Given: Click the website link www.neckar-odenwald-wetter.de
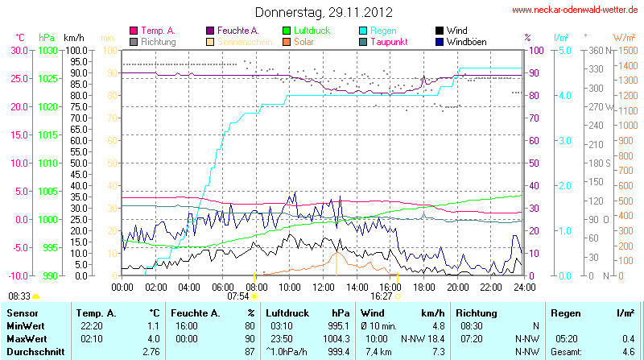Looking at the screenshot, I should pos(576,10).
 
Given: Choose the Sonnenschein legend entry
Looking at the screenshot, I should pos(239,41).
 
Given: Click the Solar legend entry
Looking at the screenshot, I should pos(303,41).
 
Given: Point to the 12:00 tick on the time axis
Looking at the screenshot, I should pos(323,286).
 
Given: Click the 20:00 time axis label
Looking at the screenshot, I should pos(457,286).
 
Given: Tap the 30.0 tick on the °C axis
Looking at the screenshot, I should pos(19,50).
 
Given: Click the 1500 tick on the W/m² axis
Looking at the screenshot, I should pos(625,50).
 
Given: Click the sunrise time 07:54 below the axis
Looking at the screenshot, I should pos(238,296).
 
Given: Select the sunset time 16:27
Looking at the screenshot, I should pos(381,296).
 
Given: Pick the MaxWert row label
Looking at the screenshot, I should pos(26,339).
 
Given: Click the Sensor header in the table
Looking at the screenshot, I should pos(23,312).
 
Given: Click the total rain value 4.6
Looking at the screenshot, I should pos(627,352).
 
